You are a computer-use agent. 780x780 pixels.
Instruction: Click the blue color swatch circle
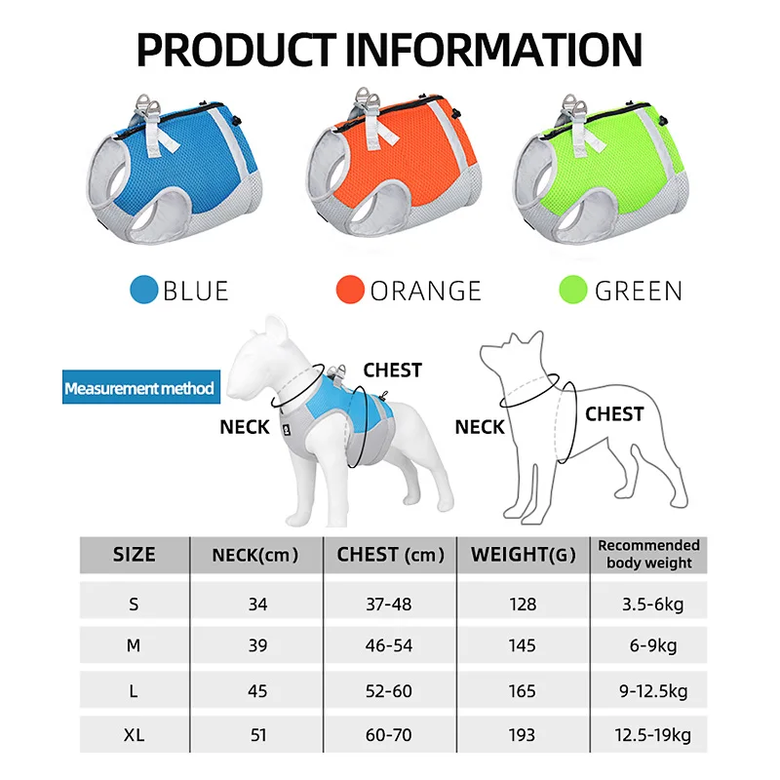[x=143, y=290]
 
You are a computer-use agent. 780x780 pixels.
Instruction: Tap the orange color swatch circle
[x=350, y=290]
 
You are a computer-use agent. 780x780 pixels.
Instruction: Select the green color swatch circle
[x=573, y=290]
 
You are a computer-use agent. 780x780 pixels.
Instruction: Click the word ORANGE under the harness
[x=426, y=291]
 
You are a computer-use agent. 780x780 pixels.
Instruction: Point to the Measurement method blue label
[x=141, y=387]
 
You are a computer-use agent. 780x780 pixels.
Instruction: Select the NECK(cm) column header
[x=255, y=555]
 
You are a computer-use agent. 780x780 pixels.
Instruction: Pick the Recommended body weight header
[x=648, y=554]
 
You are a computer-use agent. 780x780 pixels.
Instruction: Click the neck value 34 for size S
[x=257, y=604]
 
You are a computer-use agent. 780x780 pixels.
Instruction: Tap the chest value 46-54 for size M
[x=388, y=645]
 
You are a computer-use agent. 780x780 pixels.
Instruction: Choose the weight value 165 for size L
[x=522, y=691]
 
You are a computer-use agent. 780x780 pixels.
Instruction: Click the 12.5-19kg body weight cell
[x=652, y=735]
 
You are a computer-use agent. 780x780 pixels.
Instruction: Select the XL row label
[x=134, y=735]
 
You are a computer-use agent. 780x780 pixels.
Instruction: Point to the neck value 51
[x=258, y=735]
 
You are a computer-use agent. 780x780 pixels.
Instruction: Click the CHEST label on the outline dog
[x=614, y=413]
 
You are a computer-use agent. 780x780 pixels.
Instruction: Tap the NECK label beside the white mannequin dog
[x=245, y=427]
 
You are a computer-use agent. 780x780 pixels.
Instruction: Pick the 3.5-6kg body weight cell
[x=652, y=604]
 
